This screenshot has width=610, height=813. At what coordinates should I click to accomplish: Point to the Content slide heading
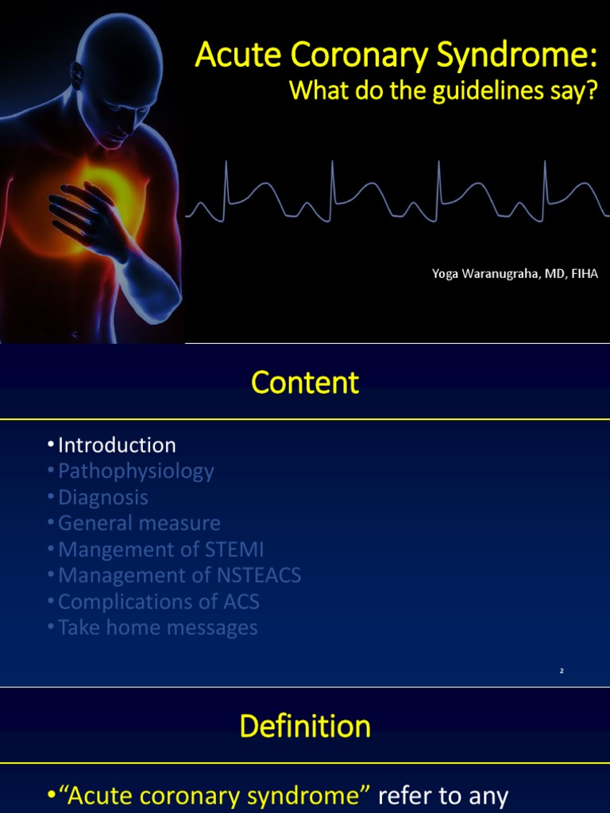tap(305, 383)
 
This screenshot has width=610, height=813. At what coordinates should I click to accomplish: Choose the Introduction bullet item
tap(117, 445)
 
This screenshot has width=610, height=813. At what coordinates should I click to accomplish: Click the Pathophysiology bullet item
tap(136, 471)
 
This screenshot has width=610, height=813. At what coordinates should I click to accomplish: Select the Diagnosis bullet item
tap(103, 497)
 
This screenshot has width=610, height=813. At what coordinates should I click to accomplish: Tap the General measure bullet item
tap(139, 523)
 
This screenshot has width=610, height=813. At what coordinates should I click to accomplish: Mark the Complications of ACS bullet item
tap(158, 602)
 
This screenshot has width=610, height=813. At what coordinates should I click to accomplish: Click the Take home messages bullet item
tap(157, 628)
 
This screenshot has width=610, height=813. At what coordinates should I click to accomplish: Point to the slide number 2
tap(562, 672)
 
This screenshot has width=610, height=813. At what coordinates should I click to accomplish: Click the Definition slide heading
tap(305, 726)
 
